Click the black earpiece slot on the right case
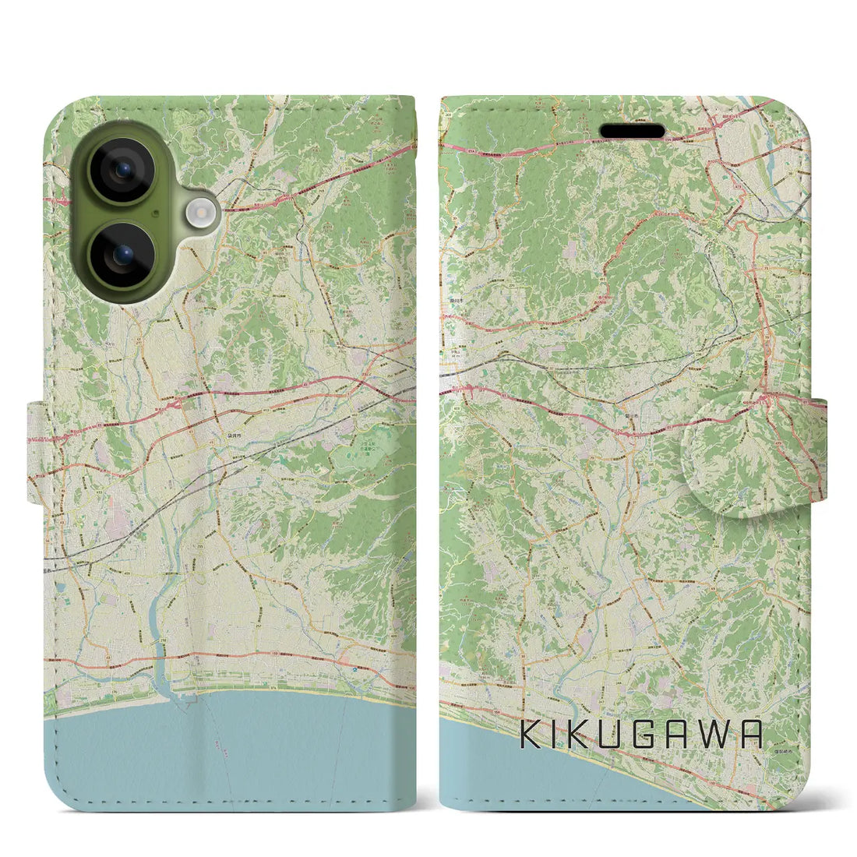coord(632,131)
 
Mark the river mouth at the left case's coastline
coord(165,683)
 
